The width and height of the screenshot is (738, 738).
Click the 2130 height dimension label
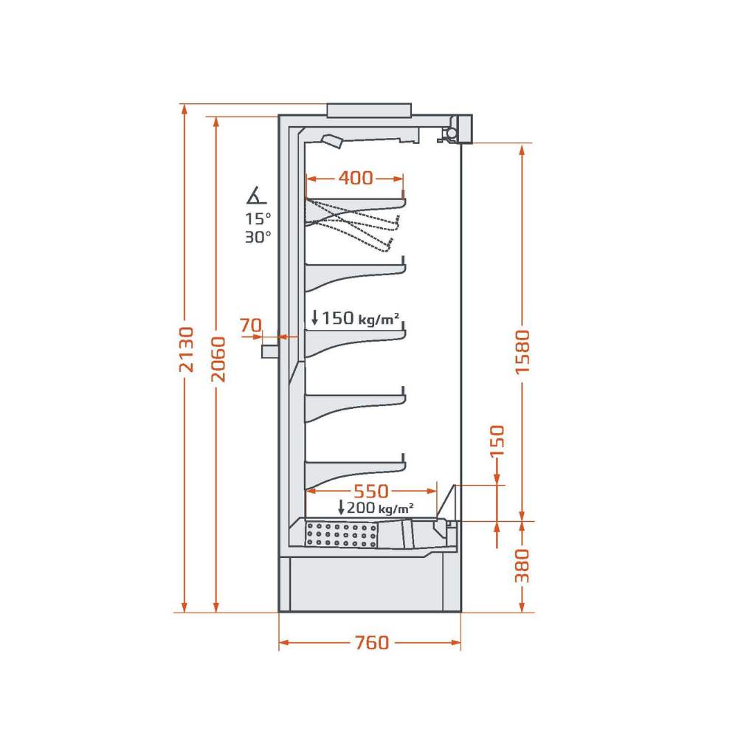point(187,349)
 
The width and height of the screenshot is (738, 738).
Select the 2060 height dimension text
point(218,359)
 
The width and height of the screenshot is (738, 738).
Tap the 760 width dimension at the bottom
point(372,643)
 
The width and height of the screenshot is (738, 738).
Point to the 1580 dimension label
point(523,352)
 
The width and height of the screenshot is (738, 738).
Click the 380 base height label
point(522,565)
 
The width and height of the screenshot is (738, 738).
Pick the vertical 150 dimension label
point(497,441)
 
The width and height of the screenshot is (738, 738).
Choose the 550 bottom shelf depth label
point(371,492)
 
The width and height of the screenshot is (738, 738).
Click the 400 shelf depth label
point(356,177)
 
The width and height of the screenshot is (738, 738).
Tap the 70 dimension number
point(251,325)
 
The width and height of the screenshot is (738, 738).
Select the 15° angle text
point(258,219)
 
